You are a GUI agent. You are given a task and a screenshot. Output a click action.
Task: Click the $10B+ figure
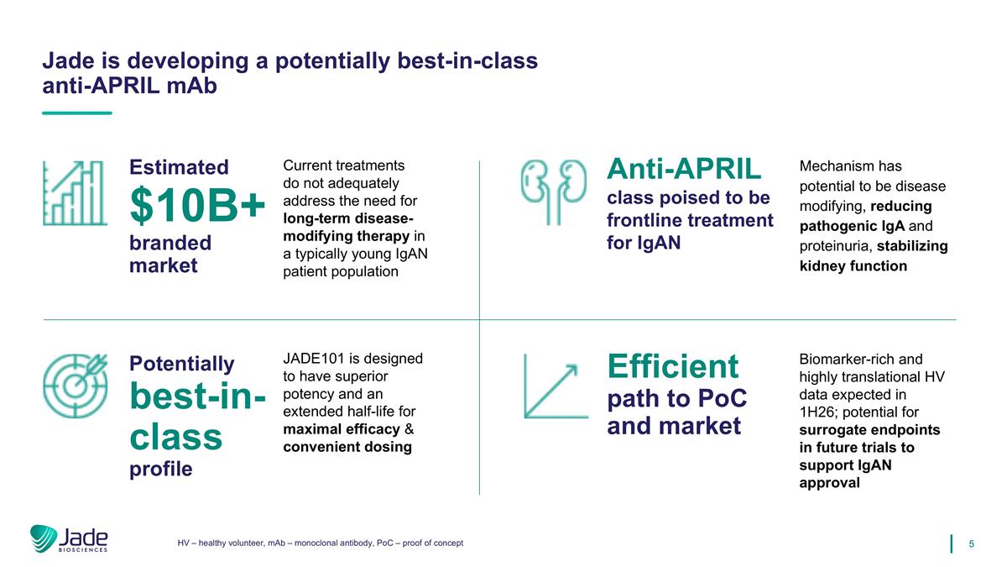tap(197, 205)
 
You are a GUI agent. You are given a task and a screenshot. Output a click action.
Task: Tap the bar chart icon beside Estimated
tap(75, 193)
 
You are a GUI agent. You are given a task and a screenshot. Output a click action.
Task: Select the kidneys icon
tap(554, 192)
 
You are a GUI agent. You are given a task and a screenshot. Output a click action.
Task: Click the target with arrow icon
tap(75, 386)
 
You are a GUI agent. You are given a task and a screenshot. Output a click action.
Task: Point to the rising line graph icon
tap(556, 386)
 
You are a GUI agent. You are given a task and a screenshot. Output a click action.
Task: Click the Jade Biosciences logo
tap(69, 538)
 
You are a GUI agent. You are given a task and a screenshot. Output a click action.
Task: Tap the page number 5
tap(971, 544)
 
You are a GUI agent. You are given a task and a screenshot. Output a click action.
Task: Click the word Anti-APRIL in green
tap(684, 169)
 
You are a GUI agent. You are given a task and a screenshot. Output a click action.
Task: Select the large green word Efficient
tap(672, 366)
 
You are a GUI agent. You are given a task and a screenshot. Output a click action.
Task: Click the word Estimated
tap(179, 167)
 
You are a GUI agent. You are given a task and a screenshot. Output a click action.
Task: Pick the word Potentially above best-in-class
tap(181, 364)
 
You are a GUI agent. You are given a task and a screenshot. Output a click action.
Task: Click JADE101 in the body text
tap(314, 359)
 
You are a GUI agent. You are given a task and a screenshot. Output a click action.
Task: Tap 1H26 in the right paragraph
tap(814, 412)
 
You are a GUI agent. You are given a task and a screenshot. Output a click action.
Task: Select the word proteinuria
tap(836, 246)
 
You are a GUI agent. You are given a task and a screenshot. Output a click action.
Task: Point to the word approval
tap(829, 483)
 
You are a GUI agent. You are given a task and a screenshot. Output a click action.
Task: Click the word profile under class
tap(161, 470)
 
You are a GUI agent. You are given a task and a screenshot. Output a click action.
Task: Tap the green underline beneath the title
tap(77, 113)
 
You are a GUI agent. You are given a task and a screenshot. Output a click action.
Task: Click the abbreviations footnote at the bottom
tap(320, 543)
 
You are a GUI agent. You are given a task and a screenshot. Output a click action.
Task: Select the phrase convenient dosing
tap(347, 447)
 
